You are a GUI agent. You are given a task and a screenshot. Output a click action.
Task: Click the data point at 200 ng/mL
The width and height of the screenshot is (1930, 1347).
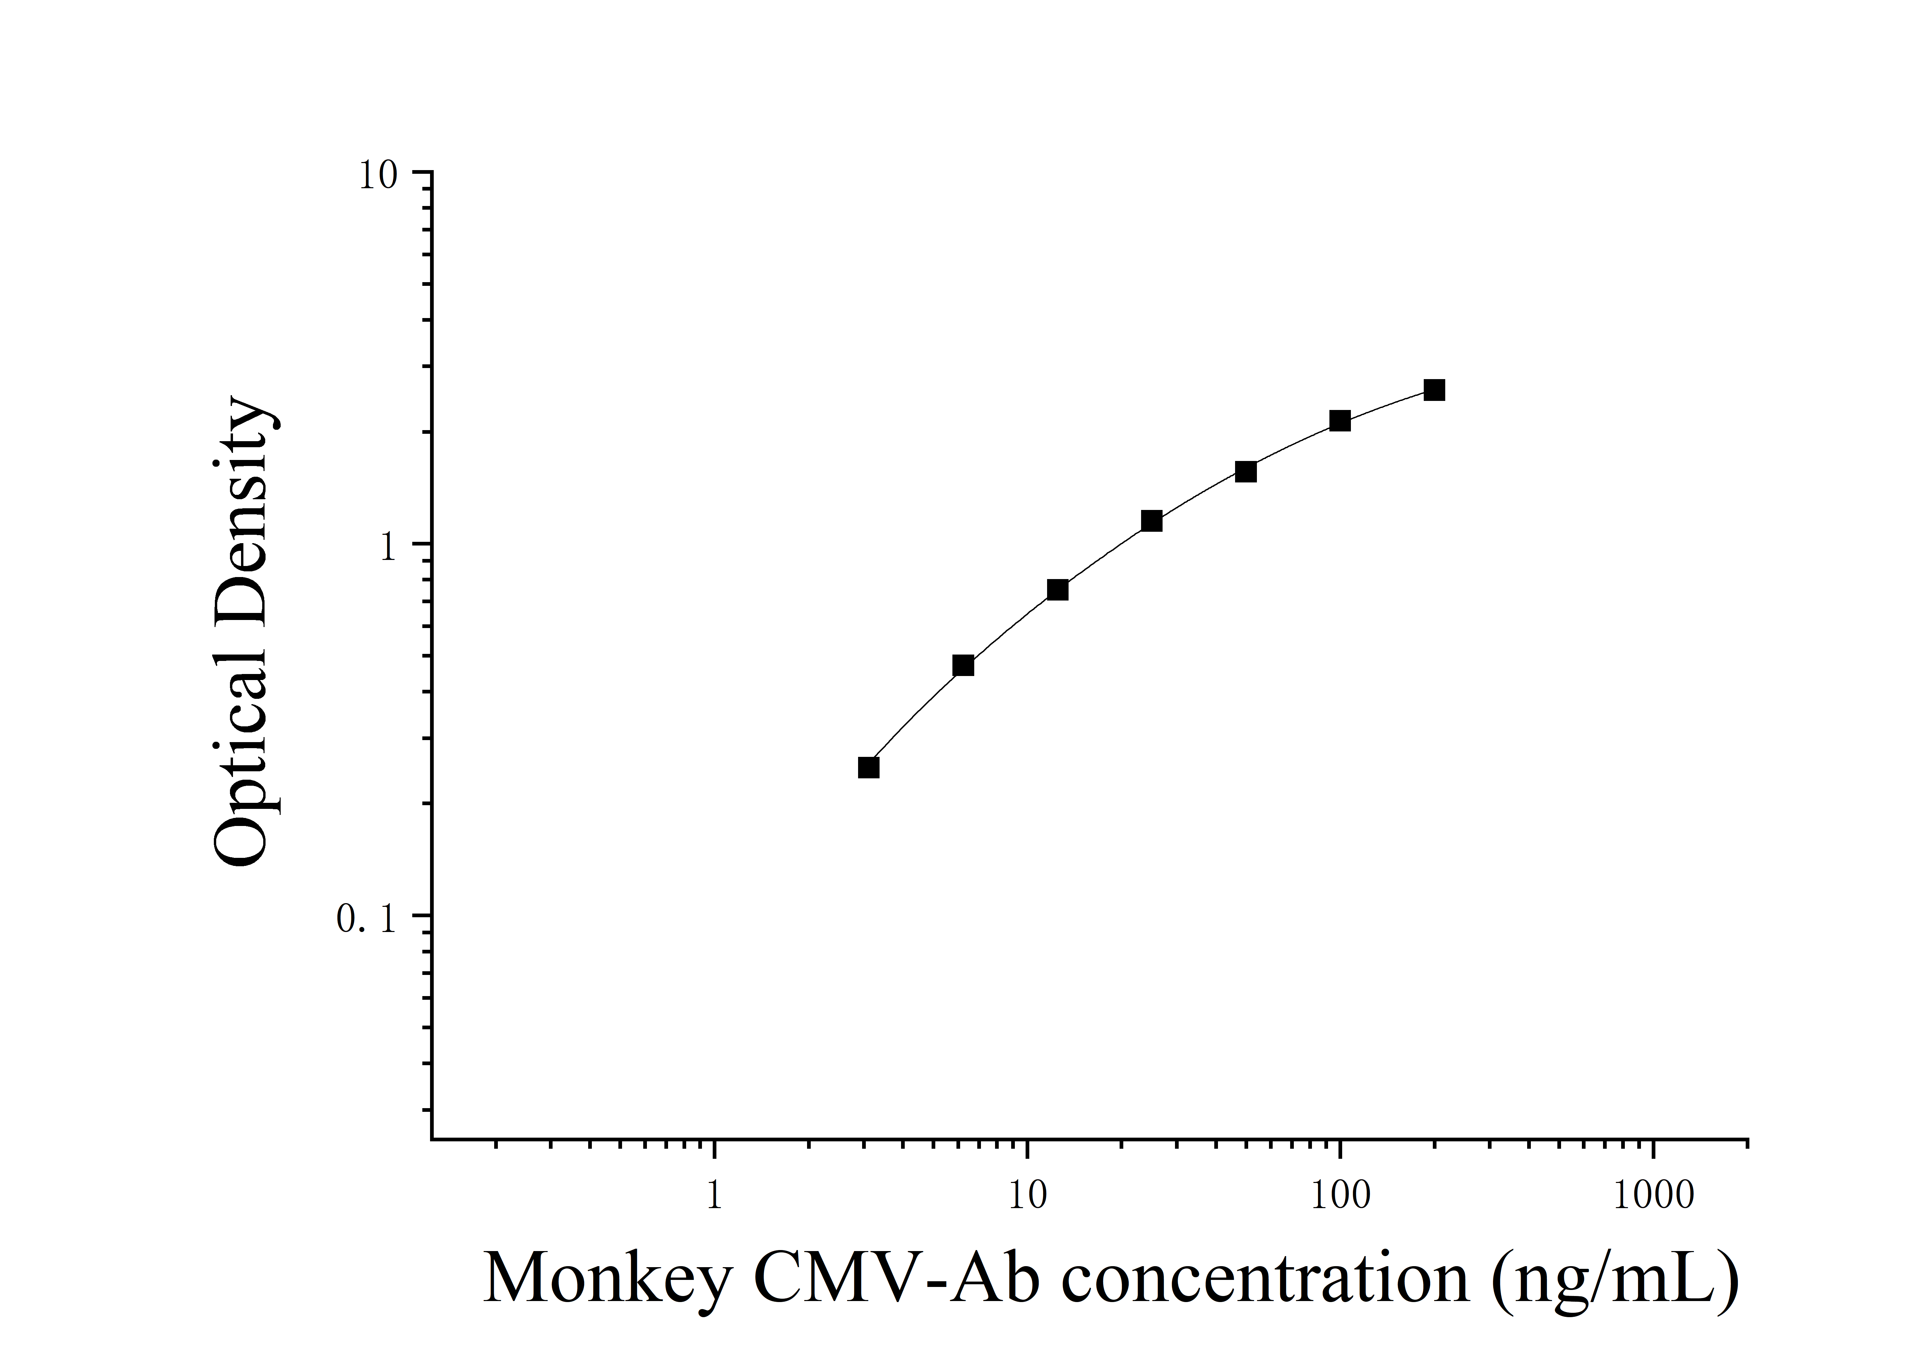coord(1434,390)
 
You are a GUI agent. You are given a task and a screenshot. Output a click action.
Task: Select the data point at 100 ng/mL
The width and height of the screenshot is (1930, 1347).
coord(1340,421)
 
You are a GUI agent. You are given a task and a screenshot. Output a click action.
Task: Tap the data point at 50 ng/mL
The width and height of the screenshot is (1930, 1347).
coord(1246,471)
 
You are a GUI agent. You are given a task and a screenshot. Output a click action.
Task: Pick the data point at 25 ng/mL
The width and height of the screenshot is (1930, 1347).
coord(1151,521)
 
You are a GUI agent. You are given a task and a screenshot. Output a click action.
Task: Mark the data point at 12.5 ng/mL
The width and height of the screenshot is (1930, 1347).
coord(1057,590)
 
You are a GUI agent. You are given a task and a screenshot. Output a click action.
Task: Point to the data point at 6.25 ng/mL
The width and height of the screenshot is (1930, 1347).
coord(963,666)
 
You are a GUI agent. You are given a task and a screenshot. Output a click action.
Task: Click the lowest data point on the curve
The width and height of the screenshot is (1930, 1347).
coord(869,767)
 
